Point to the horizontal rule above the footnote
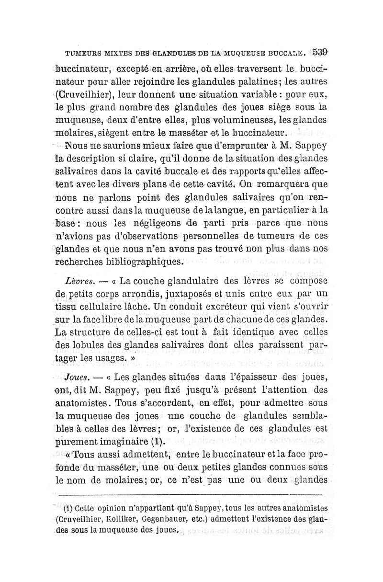click(191, 492)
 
